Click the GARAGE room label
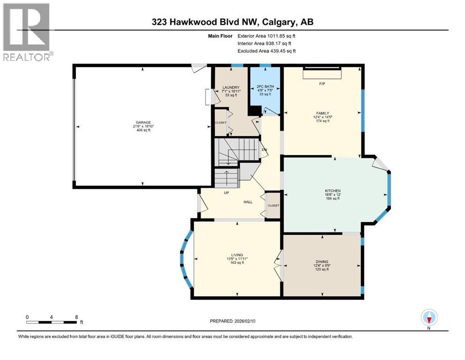(143, 122)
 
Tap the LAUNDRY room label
(231, 87)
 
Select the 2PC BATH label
(265, 87)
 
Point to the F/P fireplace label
(322, 84)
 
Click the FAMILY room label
(322, 113)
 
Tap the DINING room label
(322, 262)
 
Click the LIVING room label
(237, 255)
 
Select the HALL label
(248, 202)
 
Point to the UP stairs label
(226, 193)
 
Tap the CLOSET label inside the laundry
(221, 122)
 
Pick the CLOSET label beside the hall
(273, 205)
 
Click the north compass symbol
(429, 318)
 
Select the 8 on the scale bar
(76, 317)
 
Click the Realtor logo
(27, 31)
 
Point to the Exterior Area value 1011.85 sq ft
(278, 36)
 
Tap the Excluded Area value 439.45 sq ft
(279, 51)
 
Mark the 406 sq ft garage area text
(143, 130)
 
